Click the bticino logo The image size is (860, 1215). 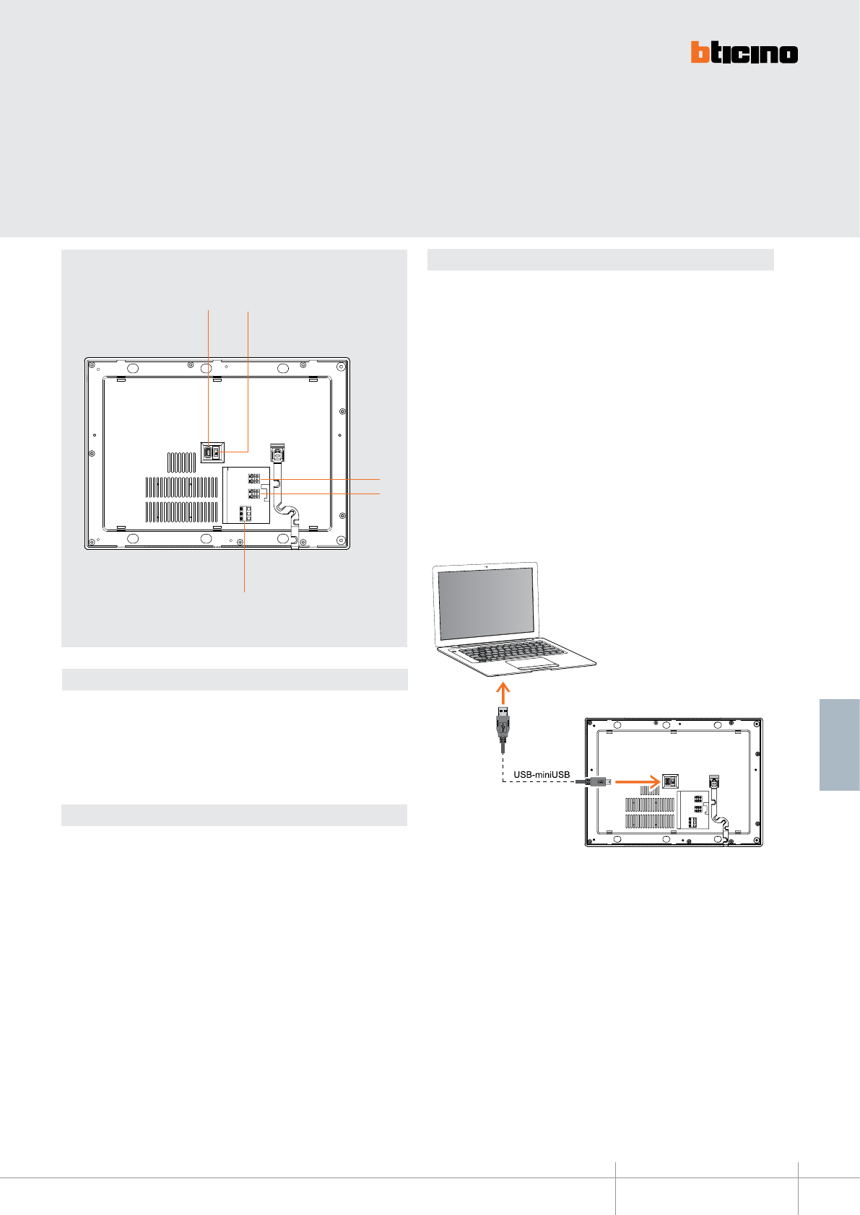coord(744,53)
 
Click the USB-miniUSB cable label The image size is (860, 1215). coord(542,775)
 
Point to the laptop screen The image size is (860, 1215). coord(487,602)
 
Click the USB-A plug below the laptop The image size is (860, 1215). coord(504,724)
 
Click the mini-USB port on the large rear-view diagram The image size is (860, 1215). coord(208,453)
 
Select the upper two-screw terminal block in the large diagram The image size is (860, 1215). coord(253,479)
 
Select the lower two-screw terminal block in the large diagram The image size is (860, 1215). coord(253,494)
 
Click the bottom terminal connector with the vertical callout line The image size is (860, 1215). coord(245,513)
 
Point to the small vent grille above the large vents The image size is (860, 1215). coord(182,462)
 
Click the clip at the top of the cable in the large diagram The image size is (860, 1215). coord(277,452)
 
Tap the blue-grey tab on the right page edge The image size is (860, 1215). coord(840,745)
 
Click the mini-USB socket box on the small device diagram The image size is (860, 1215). coord(670,781)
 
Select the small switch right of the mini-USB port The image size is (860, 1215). coord(216,453)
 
